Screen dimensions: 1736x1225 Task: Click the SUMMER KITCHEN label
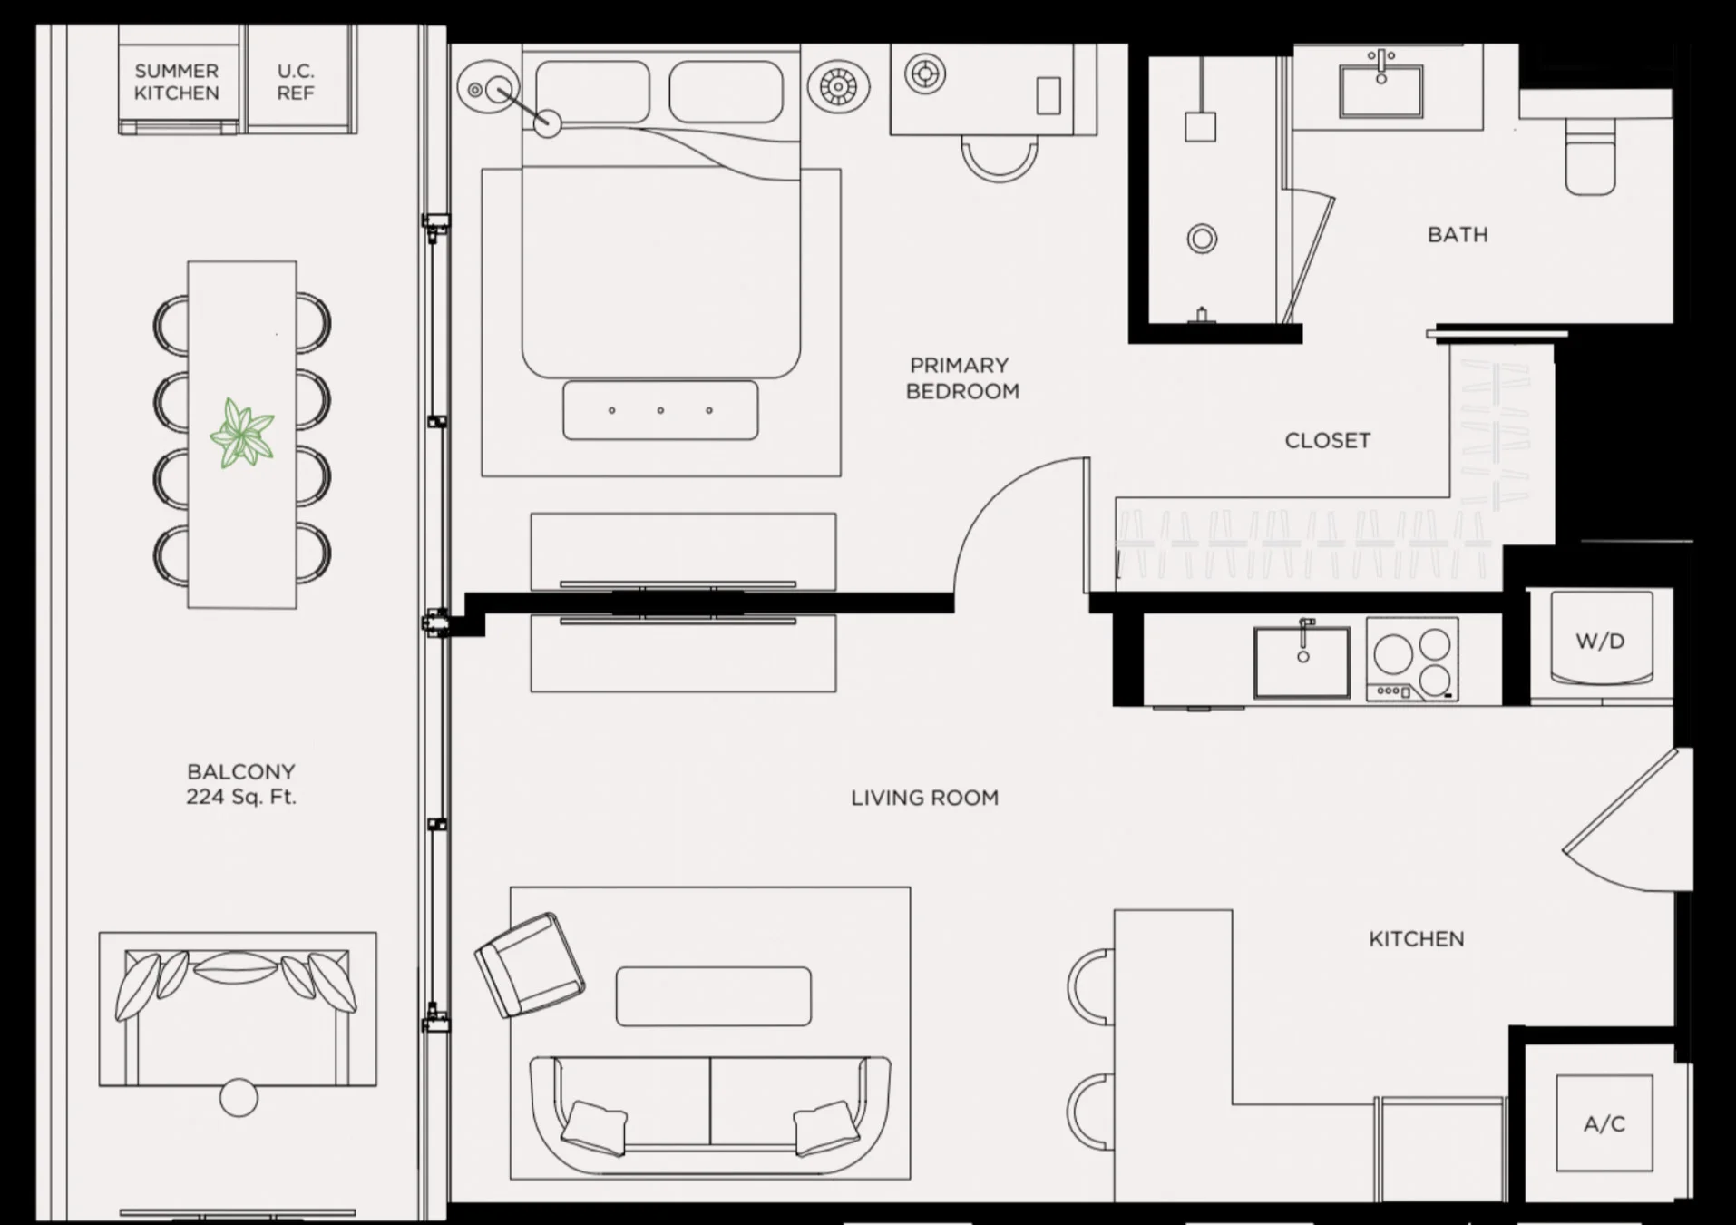tap(177, 82)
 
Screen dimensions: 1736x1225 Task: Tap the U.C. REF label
tap(296, 82)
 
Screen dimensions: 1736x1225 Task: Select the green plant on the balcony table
tap(241, 434)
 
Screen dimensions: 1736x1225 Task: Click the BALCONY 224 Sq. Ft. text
tap(241, 784)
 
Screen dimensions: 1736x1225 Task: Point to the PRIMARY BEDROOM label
tap(961, 377)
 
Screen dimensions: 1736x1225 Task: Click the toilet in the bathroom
tap(1591, 158)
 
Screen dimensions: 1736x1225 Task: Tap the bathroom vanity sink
tap(1381, 83)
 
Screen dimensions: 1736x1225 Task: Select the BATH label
tap(1458, 235)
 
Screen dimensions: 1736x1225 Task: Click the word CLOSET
tap(1327, 441)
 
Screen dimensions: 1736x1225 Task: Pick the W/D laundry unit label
tap(1600, 642)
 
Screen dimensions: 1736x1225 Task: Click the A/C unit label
tap(1604, 1124)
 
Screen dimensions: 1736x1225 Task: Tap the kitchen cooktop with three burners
tap(1412, 660)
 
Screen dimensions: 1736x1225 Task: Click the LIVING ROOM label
tap(924, 799)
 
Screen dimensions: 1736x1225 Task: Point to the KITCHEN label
tap(1416, 939)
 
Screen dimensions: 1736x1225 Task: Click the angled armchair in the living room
tap(530, 965)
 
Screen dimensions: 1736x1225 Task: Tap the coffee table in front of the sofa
tap(714, 996)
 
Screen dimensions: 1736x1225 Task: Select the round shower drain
tap(1202, 240)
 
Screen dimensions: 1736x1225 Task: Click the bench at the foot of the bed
tap(660, 410)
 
